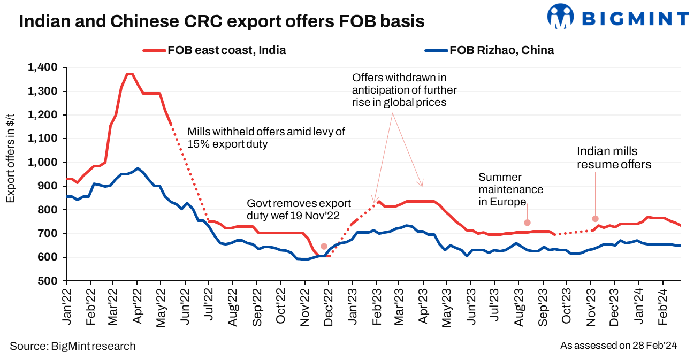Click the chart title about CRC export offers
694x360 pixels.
click(222, 21)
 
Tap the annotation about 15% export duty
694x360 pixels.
click(266, 137)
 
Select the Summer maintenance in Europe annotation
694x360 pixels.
click(510, 189)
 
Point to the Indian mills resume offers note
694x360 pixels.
click(614, 158)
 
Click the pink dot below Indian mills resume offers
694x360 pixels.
click(595, 218)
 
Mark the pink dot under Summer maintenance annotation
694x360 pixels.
click(527, 223)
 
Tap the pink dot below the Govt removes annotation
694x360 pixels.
click(324, 247)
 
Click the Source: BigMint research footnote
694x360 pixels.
click(73, 346)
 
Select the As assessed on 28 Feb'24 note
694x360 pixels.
click(619, 346)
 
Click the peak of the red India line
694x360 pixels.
click(129, 74)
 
